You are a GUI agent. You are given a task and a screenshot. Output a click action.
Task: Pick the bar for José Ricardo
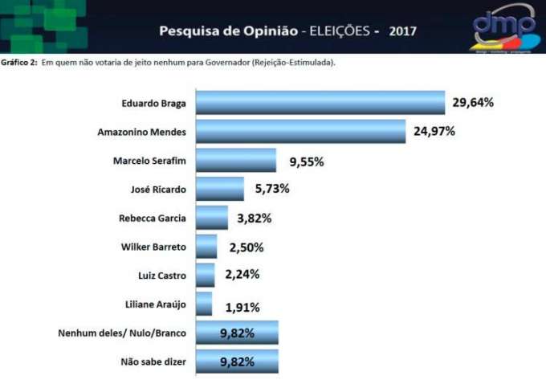pos(219,189)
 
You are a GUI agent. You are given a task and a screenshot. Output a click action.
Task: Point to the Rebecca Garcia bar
pos(211,218)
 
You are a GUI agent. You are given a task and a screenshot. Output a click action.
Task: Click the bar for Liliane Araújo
pos(203,304)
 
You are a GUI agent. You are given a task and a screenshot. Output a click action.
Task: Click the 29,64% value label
pos(473,103)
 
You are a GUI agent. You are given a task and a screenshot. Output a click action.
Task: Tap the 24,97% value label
pos(434,131)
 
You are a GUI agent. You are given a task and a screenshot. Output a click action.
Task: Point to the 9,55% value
pos(306,161)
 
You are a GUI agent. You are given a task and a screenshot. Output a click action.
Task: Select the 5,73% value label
pos(271,189)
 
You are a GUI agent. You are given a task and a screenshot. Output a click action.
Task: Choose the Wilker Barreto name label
pos(152,247)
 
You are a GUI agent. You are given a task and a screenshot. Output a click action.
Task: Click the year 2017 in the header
pos(402,32)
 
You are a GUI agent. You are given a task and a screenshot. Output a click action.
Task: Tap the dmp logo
pos(503,26)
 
